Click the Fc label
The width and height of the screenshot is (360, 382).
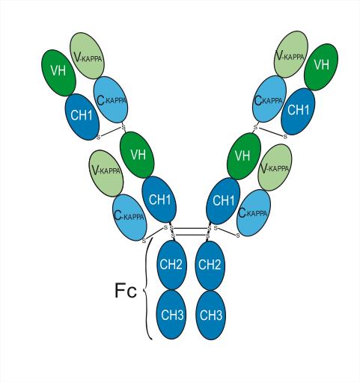coord(126,290)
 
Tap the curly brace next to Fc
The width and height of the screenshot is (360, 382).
coord(145,289)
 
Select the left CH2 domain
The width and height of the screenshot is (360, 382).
coord(172,265)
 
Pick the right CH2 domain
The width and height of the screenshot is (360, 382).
coord(210,265)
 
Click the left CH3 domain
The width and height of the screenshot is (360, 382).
coord(171,315)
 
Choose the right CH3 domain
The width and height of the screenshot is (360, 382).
coord(210,315)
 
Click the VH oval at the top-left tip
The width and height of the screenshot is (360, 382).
coord(58,73)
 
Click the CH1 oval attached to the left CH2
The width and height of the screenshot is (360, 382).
coord(159,200)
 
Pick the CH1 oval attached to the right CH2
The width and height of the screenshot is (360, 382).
coord(223,200)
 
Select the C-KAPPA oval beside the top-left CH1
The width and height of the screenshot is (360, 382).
coord(111,99)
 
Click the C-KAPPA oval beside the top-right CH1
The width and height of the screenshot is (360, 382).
coord(269,99)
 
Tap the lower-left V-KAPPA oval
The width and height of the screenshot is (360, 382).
coord(106,173)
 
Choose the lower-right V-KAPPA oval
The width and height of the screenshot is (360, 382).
coord(275,167)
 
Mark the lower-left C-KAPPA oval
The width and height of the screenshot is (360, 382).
coord(129,218)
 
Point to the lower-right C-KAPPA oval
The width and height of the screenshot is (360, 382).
coord(254,212)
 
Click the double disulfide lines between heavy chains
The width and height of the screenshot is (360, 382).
coord(190,232)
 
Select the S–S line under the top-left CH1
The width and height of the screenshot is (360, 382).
coord(111,132)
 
